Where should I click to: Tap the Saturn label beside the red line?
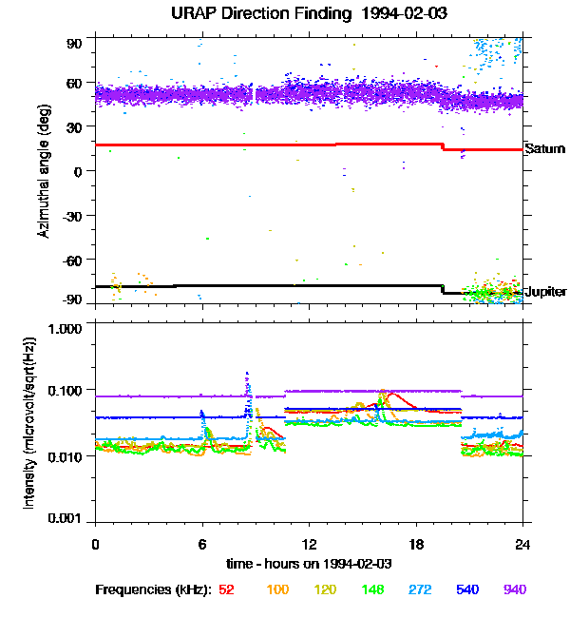[x=544, y=149]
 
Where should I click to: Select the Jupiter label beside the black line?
[x=545, y=292]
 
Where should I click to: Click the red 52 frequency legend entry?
[x=226, y=590]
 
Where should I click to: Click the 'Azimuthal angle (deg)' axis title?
[x=43, y=171]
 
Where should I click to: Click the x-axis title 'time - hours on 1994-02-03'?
[x=309, y=565]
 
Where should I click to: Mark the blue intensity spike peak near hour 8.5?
[x=247, y=374]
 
